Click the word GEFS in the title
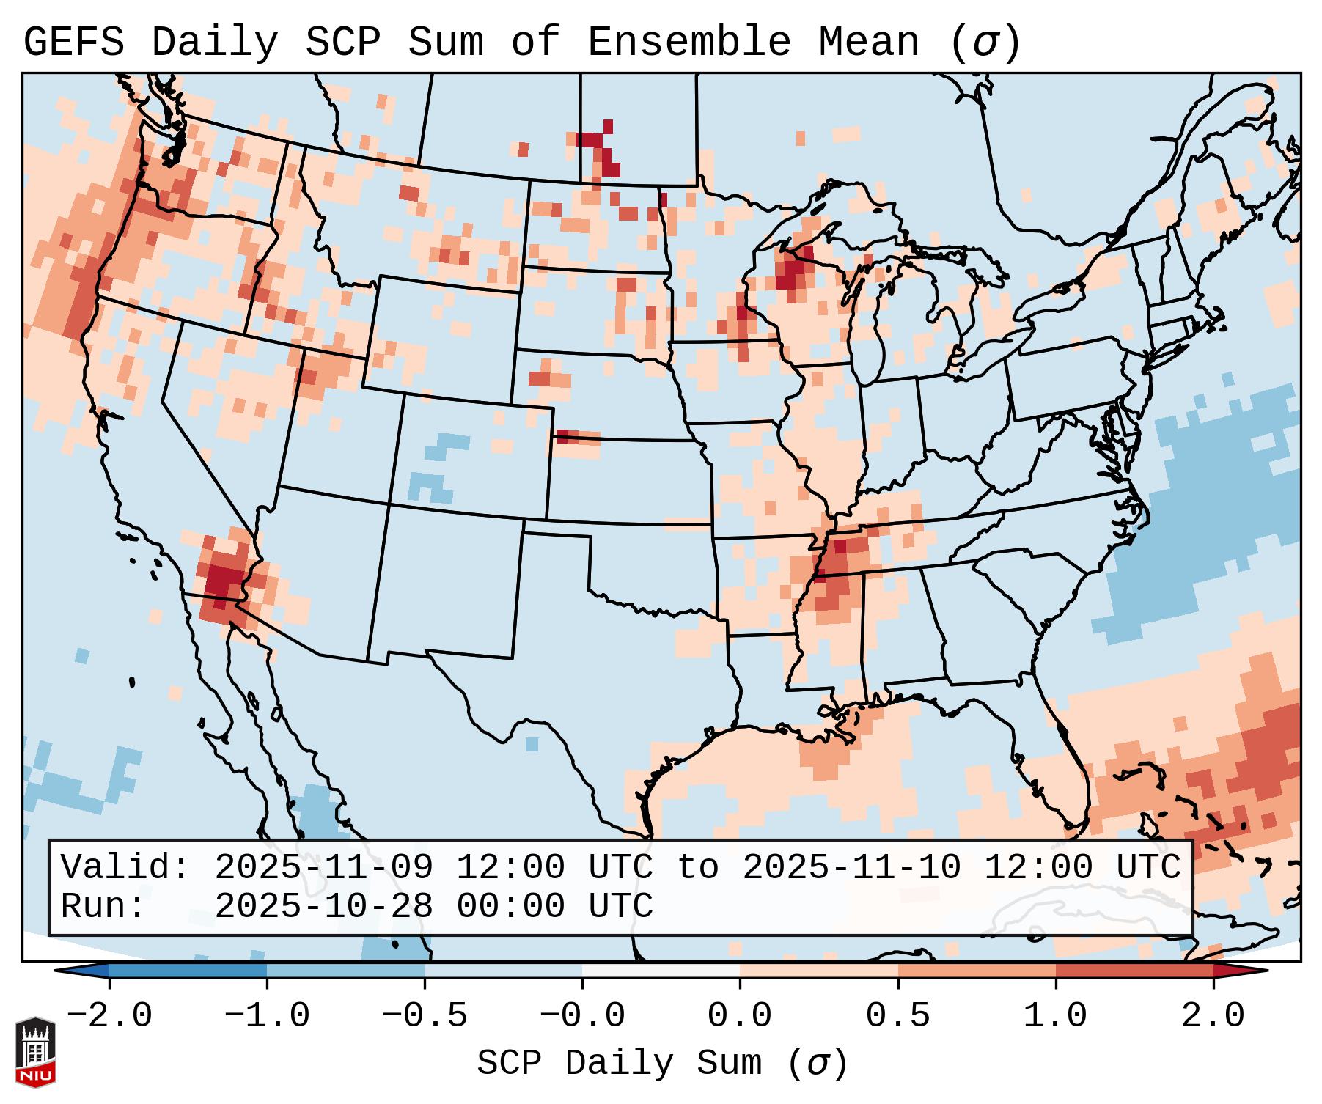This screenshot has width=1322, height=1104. pyautogui.click(x=73, y=42)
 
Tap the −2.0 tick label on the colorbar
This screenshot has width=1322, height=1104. pyautogui.click(x=109, y=1016)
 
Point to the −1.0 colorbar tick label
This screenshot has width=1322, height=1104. pyautogui.click(x=267, y=1016)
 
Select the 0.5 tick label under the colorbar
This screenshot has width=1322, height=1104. pyautogui.click(x=897, y=1016)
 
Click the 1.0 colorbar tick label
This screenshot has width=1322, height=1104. pyautogui.click(x=1055, y=1016)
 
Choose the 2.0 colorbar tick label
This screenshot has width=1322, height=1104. pyautogui.click(x=1213, y=1016)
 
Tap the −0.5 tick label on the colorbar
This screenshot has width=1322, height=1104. pyautogui.click(x=425, y=1016)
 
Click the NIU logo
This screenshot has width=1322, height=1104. pyautogui.click(x=35, y=1053)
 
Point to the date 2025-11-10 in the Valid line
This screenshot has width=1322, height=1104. pyautogui.click(x=851, y=867)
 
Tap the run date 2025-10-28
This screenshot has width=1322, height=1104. pyautogui.click(x=323, y=906)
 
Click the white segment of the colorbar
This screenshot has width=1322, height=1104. pyautogui.click(x=661, y=971)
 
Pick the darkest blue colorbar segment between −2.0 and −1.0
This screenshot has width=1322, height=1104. pyautogui.click(x=188, y=971)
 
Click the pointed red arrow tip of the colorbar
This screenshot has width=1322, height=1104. pyautogui.click(x=1257, y=971)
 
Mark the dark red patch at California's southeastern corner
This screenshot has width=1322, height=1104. pyautogui.click(x=224, y=579)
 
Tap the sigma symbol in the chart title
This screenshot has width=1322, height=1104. pyautogui.click(x=985, y=43)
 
